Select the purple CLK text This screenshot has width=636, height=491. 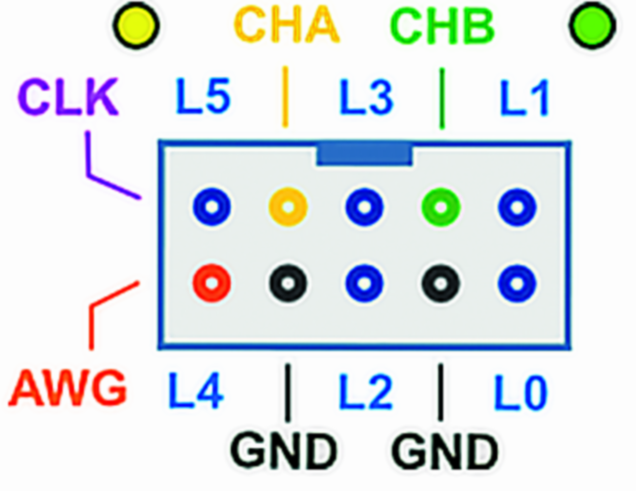[x=67, y=98]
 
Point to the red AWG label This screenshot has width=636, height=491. [x=68, y=388]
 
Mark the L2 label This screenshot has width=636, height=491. [x=365, y=391]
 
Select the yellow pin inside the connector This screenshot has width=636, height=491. [x=287, y=206]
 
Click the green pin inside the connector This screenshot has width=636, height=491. [x=440, y=206]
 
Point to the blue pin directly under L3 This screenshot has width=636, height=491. [x=364, y=206]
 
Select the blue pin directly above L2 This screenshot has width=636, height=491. [x=364, y=282]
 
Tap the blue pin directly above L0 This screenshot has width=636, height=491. [x=517, y=282]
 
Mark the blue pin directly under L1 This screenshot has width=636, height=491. [x=517, y=206]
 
